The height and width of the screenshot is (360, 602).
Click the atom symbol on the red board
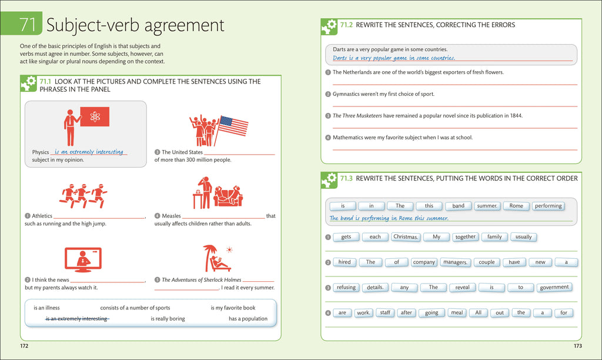(x=95, y=116)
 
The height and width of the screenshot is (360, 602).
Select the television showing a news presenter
(x=83, y=260)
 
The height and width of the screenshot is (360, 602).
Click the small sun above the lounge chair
(x=229, y=250)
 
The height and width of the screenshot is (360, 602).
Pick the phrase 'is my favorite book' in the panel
(x=233, y=308)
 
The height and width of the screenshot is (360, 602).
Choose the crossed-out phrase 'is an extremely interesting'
(x=77, y=318)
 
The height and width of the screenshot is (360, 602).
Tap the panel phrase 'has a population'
(x=248, y=318)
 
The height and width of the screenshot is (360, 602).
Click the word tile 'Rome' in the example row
(x=516, y=206)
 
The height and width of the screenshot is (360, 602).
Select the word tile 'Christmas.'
(x=406, y=237)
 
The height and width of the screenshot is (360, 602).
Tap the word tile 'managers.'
(x=455, y=262)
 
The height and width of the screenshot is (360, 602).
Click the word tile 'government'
(x=554, y=288)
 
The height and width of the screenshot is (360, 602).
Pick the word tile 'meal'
(x=457, y=313)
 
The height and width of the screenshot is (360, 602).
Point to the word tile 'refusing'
(x=346, y=288)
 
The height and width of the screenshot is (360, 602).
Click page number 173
(x=578, y=346)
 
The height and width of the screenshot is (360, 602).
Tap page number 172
(x=24, y=346)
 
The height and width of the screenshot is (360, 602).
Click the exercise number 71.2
(x=346, y=25)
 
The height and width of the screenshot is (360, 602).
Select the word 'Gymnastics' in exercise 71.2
(x=346, y=94)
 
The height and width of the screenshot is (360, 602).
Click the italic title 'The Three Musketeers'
(x=357, y=116)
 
